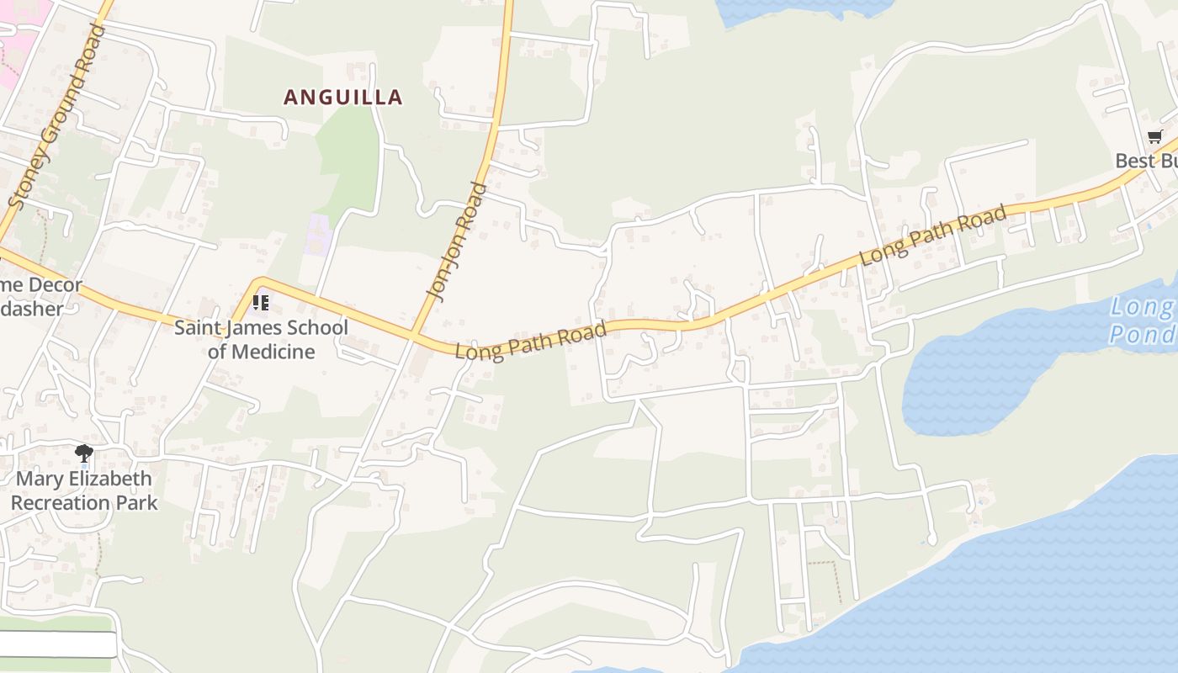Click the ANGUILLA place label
pos(342,98)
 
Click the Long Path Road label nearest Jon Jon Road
pos(530,341)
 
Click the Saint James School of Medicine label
pos(261,339)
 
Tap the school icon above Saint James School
pos(261,302)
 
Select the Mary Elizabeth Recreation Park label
pos(84,490)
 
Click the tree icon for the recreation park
pos(83,454)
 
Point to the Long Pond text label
pos(1142,321)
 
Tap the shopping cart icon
pos(1154,137)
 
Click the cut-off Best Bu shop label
pos(1146,161)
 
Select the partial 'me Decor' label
pos(40,285)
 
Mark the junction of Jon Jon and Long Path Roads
pos(414,335)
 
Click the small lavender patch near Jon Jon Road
pos(318,235)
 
